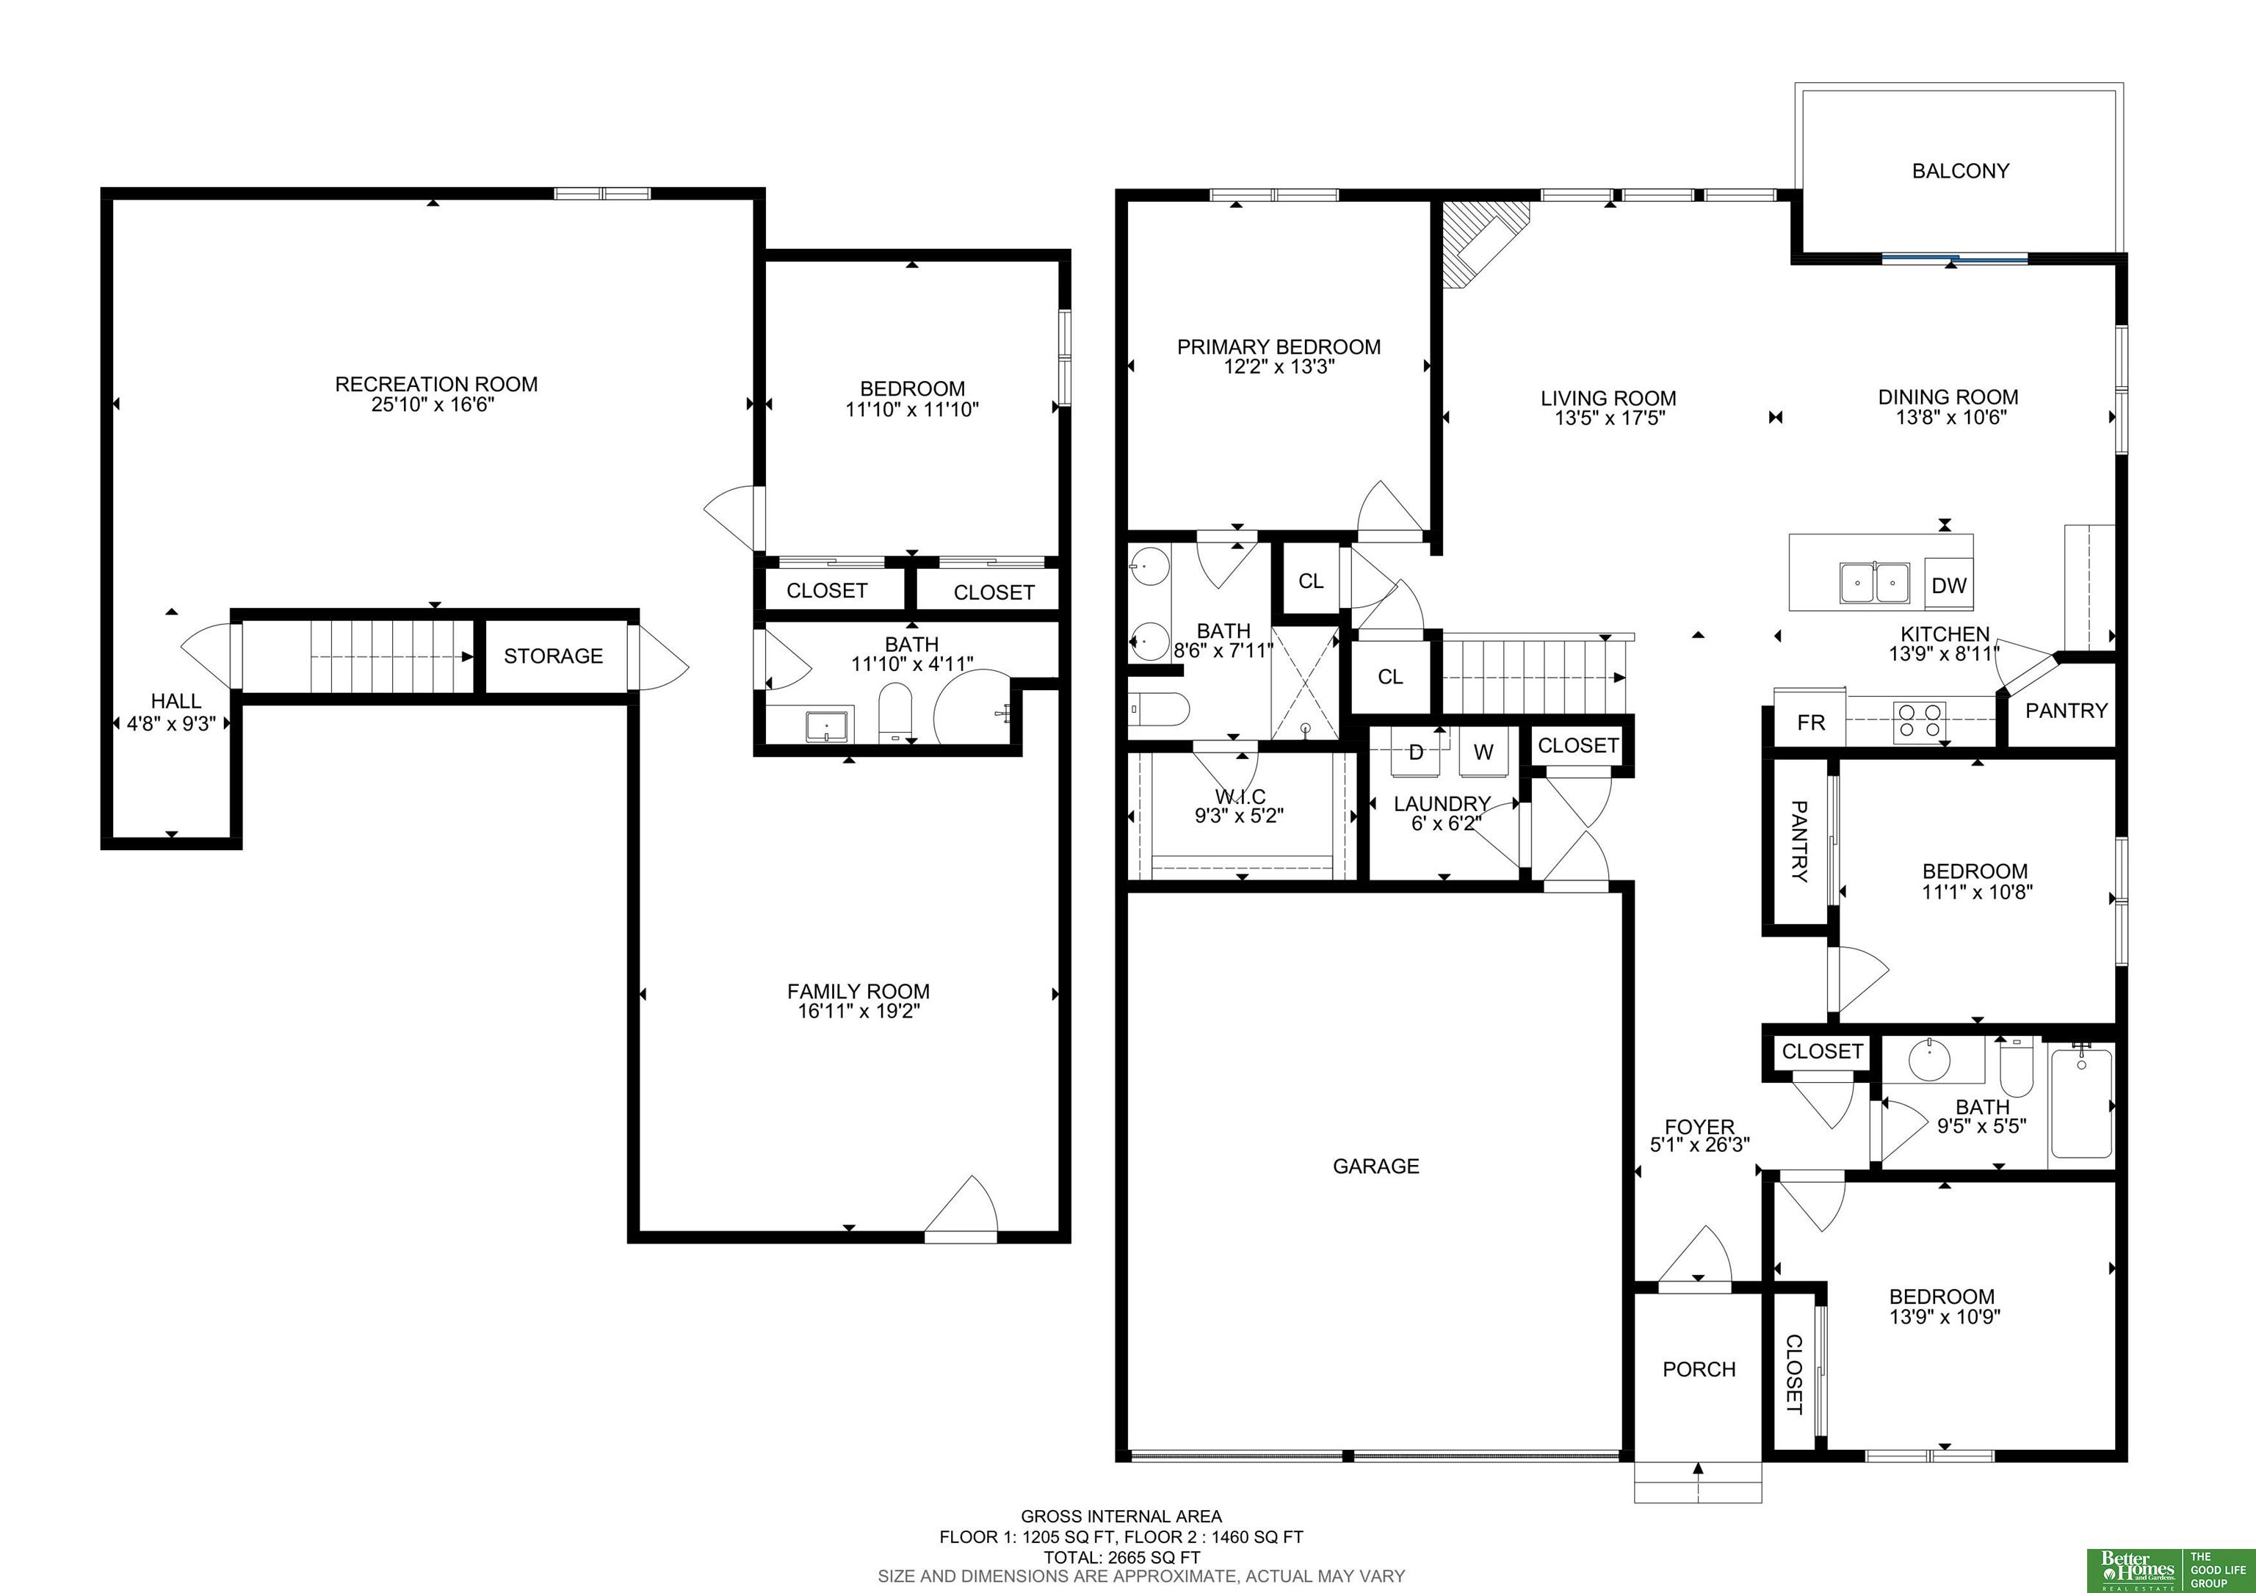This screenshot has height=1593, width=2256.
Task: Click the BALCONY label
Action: pos(1959,171)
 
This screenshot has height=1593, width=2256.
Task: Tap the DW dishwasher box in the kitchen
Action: pos(1948,585)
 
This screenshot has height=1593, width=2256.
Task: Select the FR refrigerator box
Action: pos(1810,722)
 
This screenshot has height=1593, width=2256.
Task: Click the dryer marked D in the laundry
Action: pos(1416,752)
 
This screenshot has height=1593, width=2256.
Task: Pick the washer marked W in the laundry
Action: pos(1483,752)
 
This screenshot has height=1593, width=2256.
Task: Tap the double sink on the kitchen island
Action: pos(1875,582)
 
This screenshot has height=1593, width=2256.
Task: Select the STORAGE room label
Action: pos(553,656)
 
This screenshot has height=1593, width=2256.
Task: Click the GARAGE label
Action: pos(1375,1166)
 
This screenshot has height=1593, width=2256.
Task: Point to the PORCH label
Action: pos(1699,1369)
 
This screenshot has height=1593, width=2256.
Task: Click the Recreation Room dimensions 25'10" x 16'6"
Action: pos(433,404)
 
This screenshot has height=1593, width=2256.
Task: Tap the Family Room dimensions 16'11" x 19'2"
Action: pos(858,1012)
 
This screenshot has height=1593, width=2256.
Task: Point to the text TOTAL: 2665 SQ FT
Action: pos(1122,1556)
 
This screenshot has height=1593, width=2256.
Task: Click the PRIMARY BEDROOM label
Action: pos(1279,346)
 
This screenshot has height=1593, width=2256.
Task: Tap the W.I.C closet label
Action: pos(1240,796)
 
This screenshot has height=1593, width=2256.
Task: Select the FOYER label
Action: pos(1699,1127)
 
